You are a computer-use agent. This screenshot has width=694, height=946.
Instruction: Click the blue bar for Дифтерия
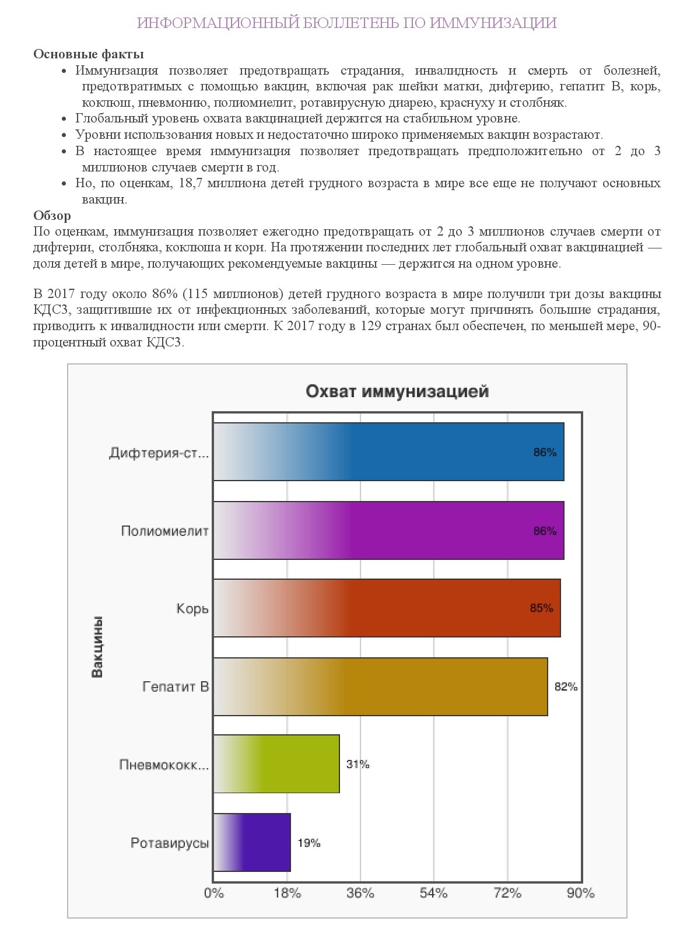pyautogui.click(x=388, y=452)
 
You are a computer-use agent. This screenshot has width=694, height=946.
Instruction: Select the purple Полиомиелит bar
pyautogui.click(x=388, y=531)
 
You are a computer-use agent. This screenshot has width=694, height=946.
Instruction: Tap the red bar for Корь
pyautogui.click(x=387, y=608)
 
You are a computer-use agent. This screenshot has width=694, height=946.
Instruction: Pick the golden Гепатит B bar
pyautogui.click(x=380, y=686)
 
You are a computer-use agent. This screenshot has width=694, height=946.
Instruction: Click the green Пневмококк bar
pyautogui.click(x=276, y=764)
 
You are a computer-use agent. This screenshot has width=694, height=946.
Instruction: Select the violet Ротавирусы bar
pyautogui.click(x=252, y=843)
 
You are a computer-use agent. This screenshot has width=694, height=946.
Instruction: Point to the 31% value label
pyautogui.click(x=357, y=764)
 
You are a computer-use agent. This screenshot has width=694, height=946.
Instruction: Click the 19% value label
pyautogui.click(x=309, y=843)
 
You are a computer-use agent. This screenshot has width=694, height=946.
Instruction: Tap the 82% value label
pyautogui.click(x=566, y=686)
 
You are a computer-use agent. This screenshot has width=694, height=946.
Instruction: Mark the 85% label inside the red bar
pyautogui.click(x=541, y=608)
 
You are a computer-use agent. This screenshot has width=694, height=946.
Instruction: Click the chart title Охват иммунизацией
pyautogui.click(x=397, y=391)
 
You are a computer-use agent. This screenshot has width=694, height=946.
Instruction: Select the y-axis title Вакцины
pyautogui.click(x=97, y=647)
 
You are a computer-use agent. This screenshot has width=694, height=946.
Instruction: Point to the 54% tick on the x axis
pyautogui.click(x=433, y=894)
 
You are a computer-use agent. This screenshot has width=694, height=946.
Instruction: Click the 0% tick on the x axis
pyautogui.click(x=214, y=894)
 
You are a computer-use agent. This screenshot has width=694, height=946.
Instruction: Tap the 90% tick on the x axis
pyautogui.click(x=580, y=894)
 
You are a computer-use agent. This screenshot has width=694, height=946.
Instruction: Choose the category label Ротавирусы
pyautogui.click(x=170, y=843)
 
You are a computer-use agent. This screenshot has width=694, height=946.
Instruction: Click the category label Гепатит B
pyautogui.click(x=176, y=686)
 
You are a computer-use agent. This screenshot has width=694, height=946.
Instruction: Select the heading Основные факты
pyautogui.click(x=89, y=54)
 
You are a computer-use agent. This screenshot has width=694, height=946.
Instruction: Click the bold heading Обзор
pyautogui.click(x=52, y=216)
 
